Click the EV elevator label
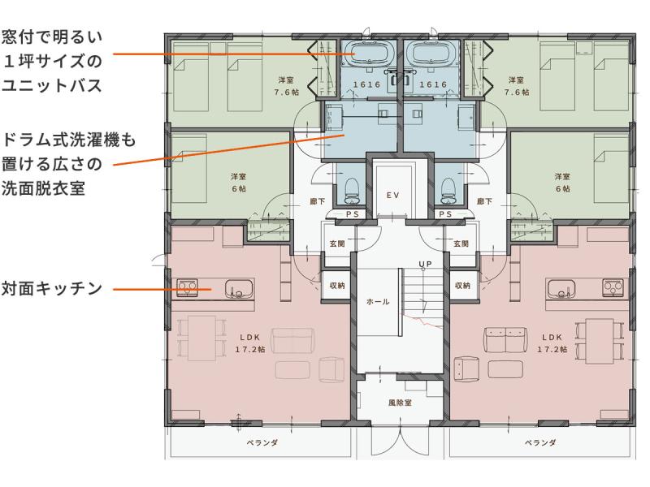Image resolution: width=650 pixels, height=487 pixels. point(392,195)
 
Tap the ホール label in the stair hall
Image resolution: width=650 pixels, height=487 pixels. point(378,302)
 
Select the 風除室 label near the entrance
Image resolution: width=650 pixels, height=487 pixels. point(400,402)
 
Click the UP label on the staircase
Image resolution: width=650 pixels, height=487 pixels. point(425,264)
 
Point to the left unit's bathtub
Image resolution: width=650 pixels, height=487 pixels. point(367,54)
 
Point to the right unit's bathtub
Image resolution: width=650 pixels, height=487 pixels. point(432,54)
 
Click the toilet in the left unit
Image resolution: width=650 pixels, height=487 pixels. point(352,190)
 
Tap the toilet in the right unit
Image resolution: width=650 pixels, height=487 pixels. point(448,190)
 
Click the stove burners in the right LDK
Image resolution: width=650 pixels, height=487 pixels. point(613,287)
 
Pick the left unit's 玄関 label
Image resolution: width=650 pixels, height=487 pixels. point(337,243)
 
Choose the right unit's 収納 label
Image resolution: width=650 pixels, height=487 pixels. point(462,286)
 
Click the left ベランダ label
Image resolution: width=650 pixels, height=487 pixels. point(262,442)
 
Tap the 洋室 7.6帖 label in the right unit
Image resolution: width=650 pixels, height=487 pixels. point(517,86)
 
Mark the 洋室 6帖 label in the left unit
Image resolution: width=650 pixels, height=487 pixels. point(238,183)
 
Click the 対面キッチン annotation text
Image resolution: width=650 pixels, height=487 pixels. point(51,288)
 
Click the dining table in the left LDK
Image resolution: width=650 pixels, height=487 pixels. point(201,338)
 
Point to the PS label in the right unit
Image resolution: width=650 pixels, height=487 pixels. point(445,214)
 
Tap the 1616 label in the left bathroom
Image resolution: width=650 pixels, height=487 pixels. point(366,84)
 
